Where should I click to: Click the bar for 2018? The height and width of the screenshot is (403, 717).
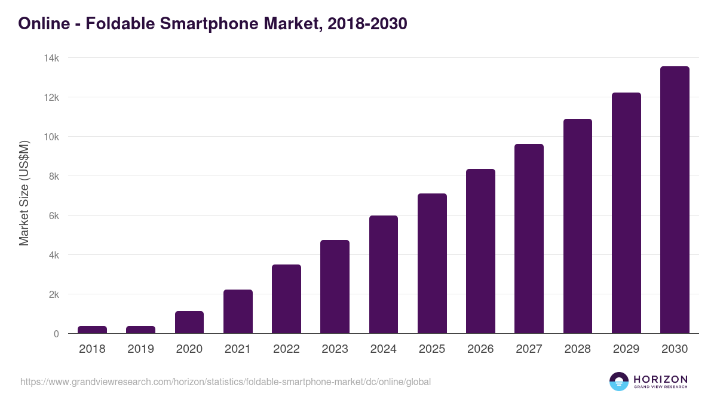click(92, 330)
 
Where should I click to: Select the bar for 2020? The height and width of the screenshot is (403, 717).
click(189, 322)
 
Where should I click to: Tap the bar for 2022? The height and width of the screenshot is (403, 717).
click(286, 299)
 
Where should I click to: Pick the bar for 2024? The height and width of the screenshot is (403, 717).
click(384, 275)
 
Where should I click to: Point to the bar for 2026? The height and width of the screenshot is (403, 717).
click(480, 251)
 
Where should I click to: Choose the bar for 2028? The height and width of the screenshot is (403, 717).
click(578, 226)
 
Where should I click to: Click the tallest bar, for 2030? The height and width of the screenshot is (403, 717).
click(675, 200)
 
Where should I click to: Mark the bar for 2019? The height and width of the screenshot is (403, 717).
click(140, 330)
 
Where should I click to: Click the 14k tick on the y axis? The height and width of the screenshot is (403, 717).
click(51, 58)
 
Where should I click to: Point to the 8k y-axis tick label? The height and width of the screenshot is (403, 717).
click(53, 176)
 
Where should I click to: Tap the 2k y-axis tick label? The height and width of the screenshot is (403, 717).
click(53, 294)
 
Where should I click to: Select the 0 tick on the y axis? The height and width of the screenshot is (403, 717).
click(56, 334)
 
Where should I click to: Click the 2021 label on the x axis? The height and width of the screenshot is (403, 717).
click(238, 349)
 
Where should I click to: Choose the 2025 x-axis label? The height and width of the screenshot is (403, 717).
click(432, 349)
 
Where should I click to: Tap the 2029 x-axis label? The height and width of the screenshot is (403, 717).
click(626, 349)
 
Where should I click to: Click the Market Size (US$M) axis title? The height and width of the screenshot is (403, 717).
click(24, 193)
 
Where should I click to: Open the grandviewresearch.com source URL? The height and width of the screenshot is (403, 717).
click(225, 382)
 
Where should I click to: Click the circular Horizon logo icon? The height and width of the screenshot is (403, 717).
click(619, 382)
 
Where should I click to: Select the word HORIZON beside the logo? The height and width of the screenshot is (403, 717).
click(660, 379)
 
